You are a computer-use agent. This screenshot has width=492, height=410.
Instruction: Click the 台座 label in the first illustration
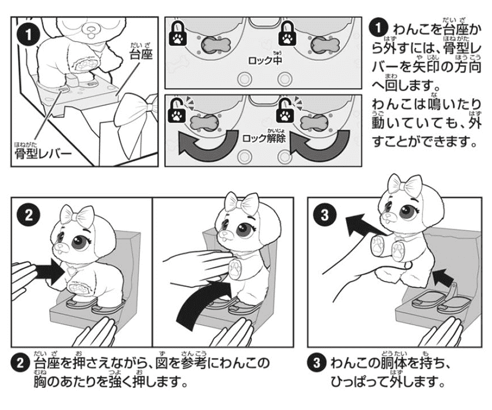click(x=141, y=54)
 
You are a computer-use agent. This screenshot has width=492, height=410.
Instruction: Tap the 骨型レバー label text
click(x=43, y=153)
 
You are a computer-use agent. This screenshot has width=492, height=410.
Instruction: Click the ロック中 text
click(x=265, y=60)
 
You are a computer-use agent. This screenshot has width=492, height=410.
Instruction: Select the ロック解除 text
click(x=264, y=138)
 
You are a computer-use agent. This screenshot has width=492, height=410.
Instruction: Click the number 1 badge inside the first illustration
click(x=29, y=35)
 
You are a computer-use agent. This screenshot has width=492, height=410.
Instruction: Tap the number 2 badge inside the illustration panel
click(x=29, y=216)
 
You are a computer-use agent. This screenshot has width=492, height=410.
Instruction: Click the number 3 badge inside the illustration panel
click(x=324, y=215)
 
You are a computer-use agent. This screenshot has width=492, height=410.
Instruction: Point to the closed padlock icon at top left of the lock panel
click(x=178, y=33)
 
